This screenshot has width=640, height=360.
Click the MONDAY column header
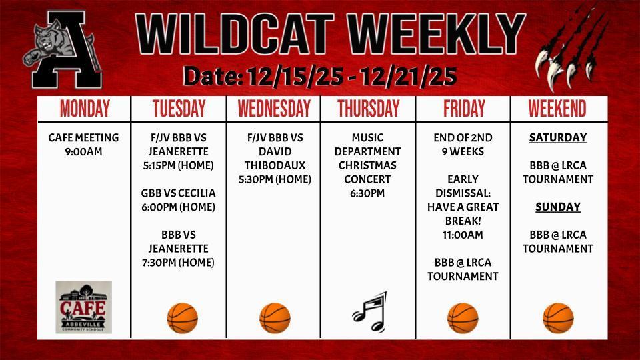tap(85, 109)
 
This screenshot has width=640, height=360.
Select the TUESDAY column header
tap(179, 109)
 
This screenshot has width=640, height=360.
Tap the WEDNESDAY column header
tap(274, 109)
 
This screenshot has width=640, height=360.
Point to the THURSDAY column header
tap(368, 109)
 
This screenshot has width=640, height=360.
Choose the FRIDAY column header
tap(463, 109)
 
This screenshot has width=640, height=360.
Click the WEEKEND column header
tap(557, 109)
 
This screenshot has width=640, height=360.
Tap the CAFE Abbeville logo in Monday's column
tap(84, 307)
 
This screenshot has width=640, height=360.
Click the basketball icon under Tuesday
tap(182, 317)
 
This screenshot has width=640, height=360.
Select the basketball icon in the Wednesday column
tap(275, 317)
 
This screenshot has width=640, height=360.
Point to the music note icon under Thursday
tap(369, 312)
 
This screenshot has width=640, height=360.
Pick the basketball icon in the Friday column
tap(463, 317)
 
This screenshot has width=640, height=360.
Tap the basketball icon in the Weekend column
tap(558, 317)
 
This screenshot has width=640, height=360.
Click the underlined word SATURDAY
tap(557, 138)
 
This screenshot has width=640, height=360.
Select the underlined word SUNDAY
tap(557, 207)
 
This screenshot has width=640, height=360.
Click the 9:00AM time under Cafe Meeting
tap(84, 151)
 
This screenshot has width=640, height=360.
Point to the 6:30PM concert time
tap(368, 193)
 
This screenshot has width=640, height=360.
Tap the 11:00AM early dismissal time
tap(463, 235)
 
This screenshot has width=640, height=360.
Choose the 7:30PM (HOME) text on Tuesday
tap(178, 263)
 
